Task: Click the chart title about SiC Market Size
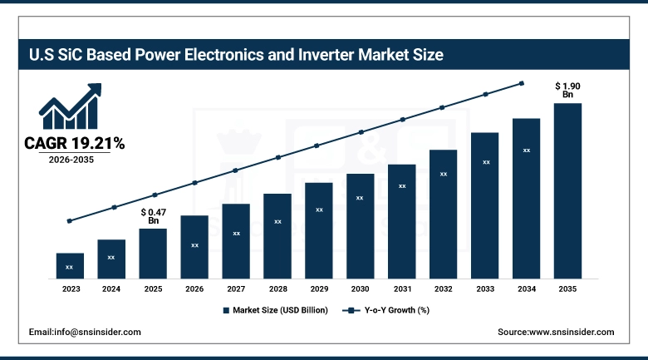click(x=237, y=56)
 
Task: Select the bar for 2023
click(x=70, y=265)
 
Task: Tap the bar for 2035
click(x=567, y=190)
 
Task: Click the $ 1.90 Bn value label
click(x=567, y=90)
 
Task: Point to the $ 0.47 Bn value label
click(x=153, y=216)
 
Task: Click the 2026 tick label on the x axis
click(x=194, y=288)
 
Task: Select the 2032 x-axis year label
click(x=443, y=288)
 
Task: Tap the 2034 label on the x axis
click(x=526, y=288)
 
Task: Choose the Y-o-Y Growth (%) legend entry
click(x=386, y=310)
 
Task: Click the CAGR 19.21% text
click(x=74, y=144)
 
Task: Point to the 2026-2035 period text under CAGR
click(x=71, y=160)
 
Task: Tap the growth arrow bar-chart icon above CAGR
click(x=71, y=106)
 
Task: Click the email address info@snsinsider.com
click(x=85, y=332)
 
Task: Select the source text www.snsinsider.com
click(x=555, y=332)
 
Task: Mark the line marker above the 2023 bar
click(x=70, y=221)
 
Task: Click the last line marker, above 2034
click(x=522, y=83)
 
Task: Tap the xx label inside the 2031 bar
click(x=402, y=186)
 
